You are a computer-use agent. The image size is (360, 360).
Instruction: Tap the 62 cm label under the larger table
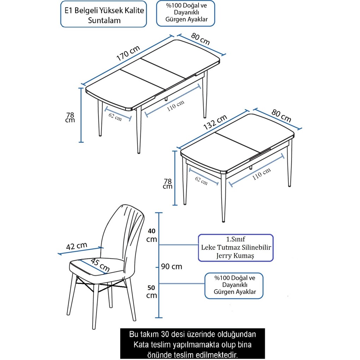tap(115, 117)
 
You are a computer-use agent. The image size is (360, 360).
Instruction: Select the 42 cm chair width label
tap(77, 246)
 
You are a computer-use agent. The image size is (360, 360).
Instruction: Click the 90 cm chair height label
tap(172, 266)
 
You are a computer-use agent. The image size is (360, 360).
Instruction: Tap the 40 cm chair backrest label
tap(152, 235)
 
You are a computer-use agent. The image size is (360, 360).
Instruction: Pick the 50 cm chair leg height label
tap(152, 291)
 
